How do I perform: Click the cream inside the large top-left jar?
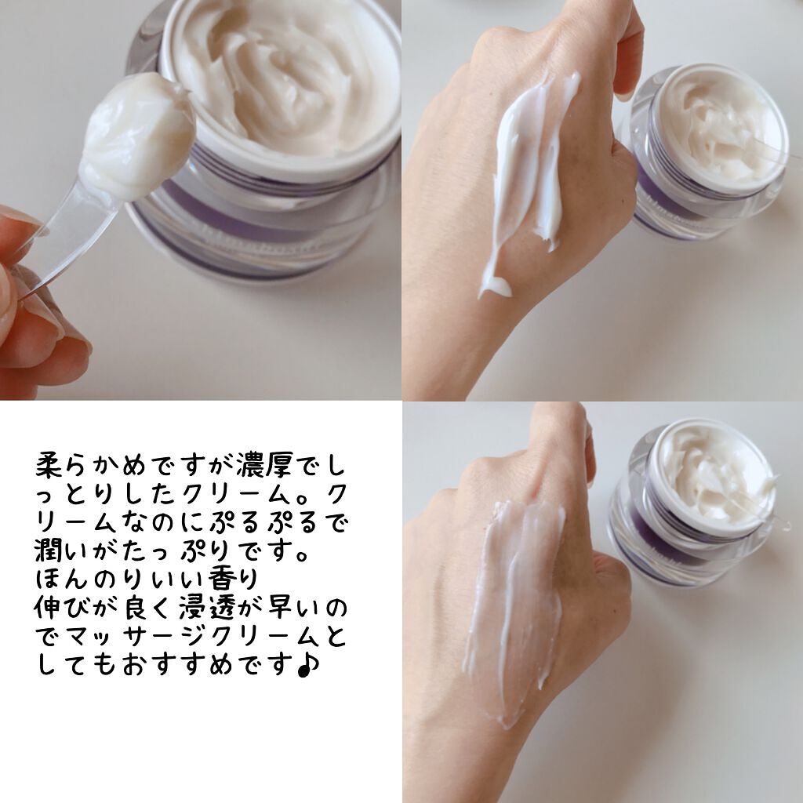pyautogui.click(x=287, y=77)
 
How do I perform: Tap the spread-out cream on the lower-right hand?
pyautogui.click(x=512, y=609)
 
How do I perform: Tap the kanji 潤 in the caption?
pyautogui.click(x=48, y=550)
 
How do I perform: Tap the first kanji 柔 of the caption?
pyautogui.click(x=49, y=466)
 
